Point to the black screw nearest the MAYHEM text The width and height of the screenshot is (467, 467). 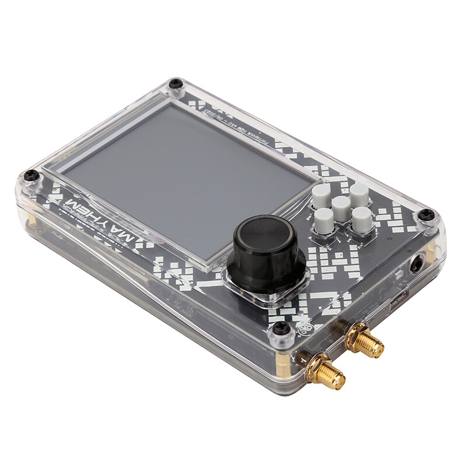pyautogui.click(x=31, y=175)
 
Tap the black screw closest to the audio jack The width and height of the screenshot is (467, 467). pyautogui.click(x=427, y=214)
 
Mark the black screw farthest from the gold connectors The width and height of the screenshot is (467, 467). pyautogui.click(x=176, y=85)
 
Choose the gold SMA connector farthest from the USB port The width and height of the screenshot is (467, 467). pyautogui.click(x=325, y=372)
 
